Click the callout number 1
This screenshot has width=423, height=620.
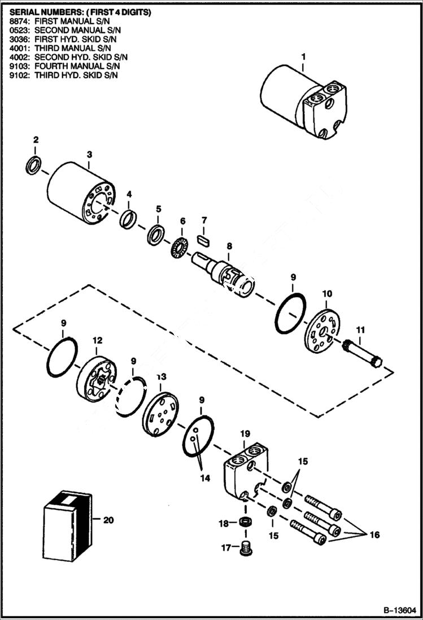click(303, 57)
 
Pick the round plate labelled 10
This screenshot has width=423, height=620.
click(323, 332)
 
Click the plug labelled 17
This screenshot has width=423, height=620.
click(245, 548)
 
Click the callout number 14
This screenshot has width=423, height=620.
click(204, 478)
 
